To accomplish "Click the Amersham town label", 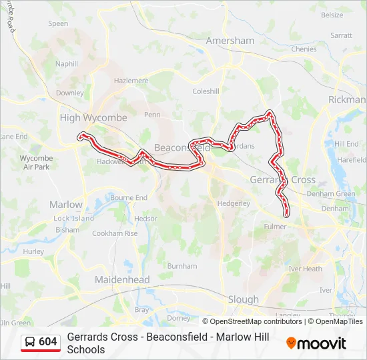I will [x=230, y=40].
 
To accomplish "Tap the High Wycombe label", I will [x=93, y=117].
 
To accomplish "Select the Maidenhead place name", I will [x=122, y=280].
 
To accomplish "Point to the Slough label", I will [x=243, y=299].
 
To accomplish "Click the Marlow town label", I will [x=66, y=205].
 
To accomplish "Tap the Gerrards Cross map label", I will [x=282, y=180].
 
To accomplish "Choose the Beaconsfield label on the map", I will [x=181, y=147].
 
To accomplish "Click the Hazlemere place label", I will [x=131, y=80].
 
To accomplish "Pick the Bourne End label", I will [x=129, y=198].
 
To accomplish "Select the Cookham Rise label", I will [x=115, y=233].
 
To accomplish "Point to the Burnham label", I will [x=182, y=265].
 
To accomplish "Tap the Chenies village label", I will [x=304, y=49].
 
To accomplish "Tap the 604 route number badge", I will [x=48, y=341].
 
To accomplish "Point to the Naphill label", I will [x=67, y=64].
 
